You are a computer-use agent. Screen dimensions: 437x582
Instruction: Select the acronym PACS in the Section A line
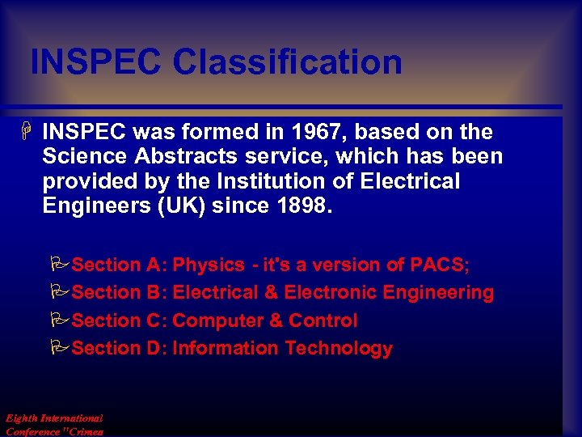(437, 265)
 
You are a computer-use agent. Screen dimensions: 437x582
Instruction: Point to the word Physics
(209, 265)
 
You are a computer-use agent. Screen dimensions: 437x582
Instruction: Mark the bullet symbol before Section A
(59, 265)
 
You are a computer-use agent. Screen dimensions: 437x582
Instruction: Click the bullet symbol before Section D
(59, 349)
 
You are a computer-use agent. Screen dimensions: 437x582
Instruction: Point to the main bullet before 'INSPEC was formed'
(27, 132)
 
